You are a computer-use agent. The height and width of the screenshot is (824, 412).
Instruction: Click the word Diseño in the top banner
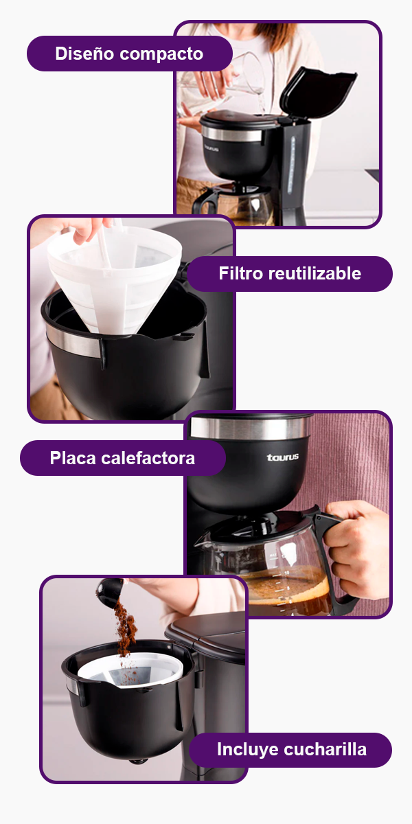pos(84,54)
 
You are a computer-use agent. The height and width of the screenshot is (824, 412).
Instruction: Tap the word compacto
pos(161,54)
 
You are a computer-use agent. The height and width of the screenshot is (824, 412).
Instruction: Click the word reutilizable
pos(315,273)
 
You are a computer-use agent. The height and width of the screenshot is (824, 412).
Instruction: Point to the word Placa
pos(73,458)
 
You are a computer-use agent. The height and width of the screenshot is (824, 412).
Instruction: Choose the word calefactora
pos(148,458)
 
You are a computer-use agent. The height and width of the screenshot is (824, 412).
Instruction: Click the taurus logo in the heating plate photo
pos(283,457)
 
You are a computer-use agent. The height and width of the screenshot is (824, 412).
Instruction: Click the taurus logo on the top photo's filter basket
pos(211,149)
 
